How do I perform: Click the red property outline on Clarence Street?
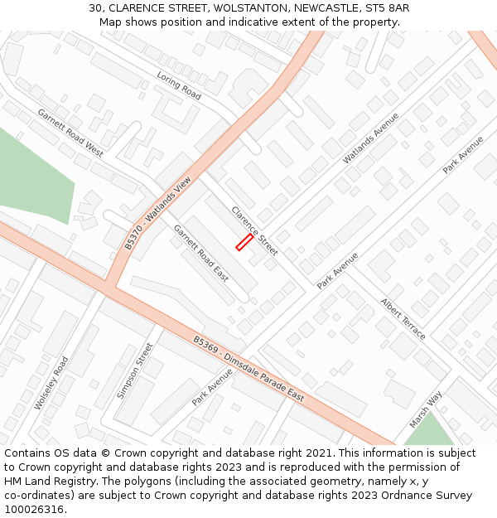point(244,242)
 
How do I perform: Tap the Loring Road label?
point(179,86)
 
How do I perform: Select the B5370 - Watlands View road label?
point(157,213)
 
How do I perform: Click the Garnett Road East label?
point(200,253)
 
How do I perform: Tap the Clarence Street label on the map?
point(254,230)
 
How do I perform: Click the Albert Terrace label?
point(403,318)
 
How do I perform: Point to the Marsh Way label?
point(426,409)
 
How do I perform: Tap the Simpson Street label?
point(135,370)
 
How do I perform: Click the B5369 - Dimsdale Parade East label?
point(248,369)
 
